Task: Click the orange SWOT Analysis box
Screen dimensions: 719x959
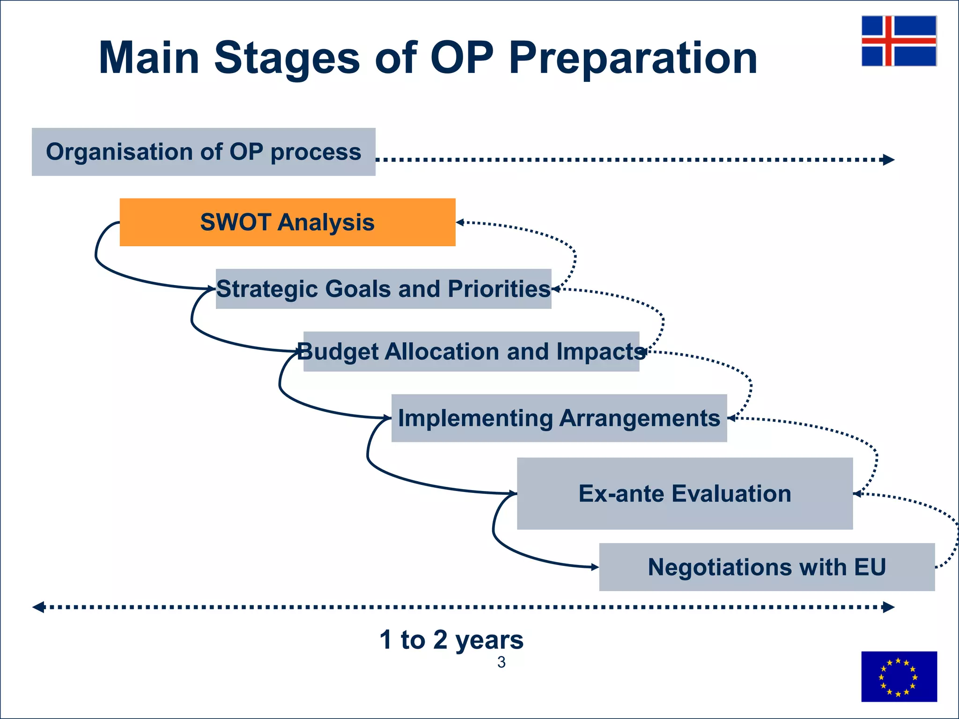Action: point(288,222)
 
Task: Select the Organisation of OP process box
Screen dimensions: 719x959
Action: point(203,152)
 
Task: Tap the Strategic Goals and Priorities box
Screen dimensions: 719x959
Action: point(383,289)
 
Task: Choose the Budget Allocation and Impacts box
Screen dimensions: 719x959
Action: point(471,352)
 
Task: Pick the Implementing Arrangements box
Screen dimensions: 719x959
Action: point(559,418)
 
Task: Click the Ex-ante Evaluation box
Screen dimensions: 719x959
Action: point(685,493)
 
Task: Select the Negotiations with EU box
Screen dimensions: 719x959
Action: point(767,567)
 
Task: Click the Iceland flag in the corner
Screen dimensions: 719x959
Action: point(899,41)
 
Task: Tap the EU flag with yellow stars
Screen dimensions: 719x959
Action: point(899,676)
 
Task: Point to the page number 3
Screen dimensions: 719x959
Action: point(501,662)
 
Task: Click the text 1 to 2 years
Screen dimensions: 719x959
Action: point(451,639)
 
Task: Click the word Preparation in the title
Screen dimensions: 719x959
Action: point(633,58)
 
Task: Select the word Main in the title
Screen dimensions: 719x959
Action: point(149,58)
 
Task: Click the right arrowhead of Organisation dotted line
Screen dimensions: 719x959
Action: point(888,160)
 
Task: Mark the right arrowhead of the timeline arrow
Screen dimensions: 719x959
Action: point(888,608)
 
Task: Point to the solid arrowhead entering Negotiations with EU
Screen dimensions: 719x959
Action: point(595,567)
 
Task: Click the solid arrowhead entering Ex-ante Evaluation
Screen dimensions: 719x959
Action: point(513,493)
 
